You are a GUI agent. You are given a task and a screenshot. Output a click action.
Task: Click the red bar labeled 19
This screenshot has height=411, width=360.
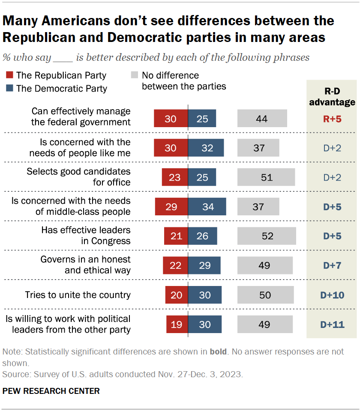click(x=177, y=325)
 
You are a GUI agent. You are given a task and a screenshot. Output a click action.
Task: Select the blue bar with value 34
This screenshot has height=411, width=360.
click(x=207, y=207)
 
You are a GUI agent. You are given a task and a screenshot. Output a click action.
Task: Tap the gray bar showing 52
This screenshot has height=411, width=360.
click(x=267, y=236)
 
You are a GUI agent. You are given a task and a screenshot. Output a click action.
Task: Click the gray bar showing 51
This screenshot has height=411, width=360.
click(x=266, y=177)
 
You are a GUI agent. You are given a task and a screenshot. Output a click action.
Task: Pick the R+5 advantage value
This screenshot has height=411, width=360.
click(x=332, y=119)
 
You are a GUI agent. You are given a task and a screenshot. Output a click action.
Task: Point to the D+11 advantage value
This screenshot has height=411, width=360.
click(x=332, y=325)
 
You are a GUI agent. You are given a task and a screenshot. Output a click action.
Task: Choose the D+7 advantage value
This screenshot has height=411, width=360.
click(x=332, y=265)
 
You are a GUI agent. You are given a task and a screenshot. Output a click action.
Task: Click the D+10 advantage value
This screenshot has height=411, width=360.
click(x=332, y=295)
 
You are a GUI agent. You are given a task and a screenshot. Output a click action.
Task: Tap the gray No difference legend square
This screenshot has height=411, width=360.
click(x=134, y=76)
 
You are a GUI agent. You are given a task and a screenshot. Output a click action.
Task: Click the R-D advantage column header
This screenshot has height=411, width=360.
click(x=332, y=96)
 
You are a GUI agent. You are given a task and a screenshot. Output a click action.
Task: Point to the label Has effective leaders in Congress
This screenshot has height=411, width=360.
click(x=86, y=236)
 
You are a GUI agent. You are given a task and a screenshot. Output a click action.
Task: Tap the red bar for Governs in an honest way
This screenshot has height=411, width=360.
click(x=175, y=265)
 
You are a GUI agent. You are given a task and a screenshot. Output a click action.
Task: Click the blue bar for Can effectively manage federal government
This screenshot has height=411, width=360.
click(x=202, y=119)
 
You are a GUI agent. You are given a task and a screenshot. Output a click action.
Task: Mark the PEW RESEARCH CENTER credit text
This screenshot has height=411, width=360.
click(x=51, y=391)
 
